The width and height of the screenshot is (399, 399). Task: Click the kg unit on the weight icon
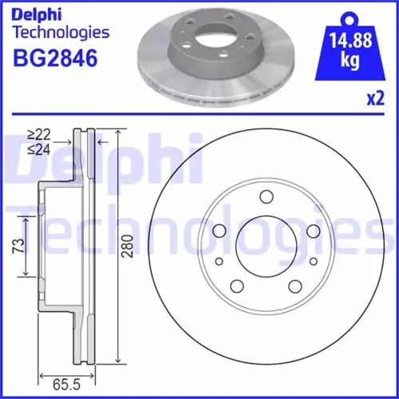[350, 61]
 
